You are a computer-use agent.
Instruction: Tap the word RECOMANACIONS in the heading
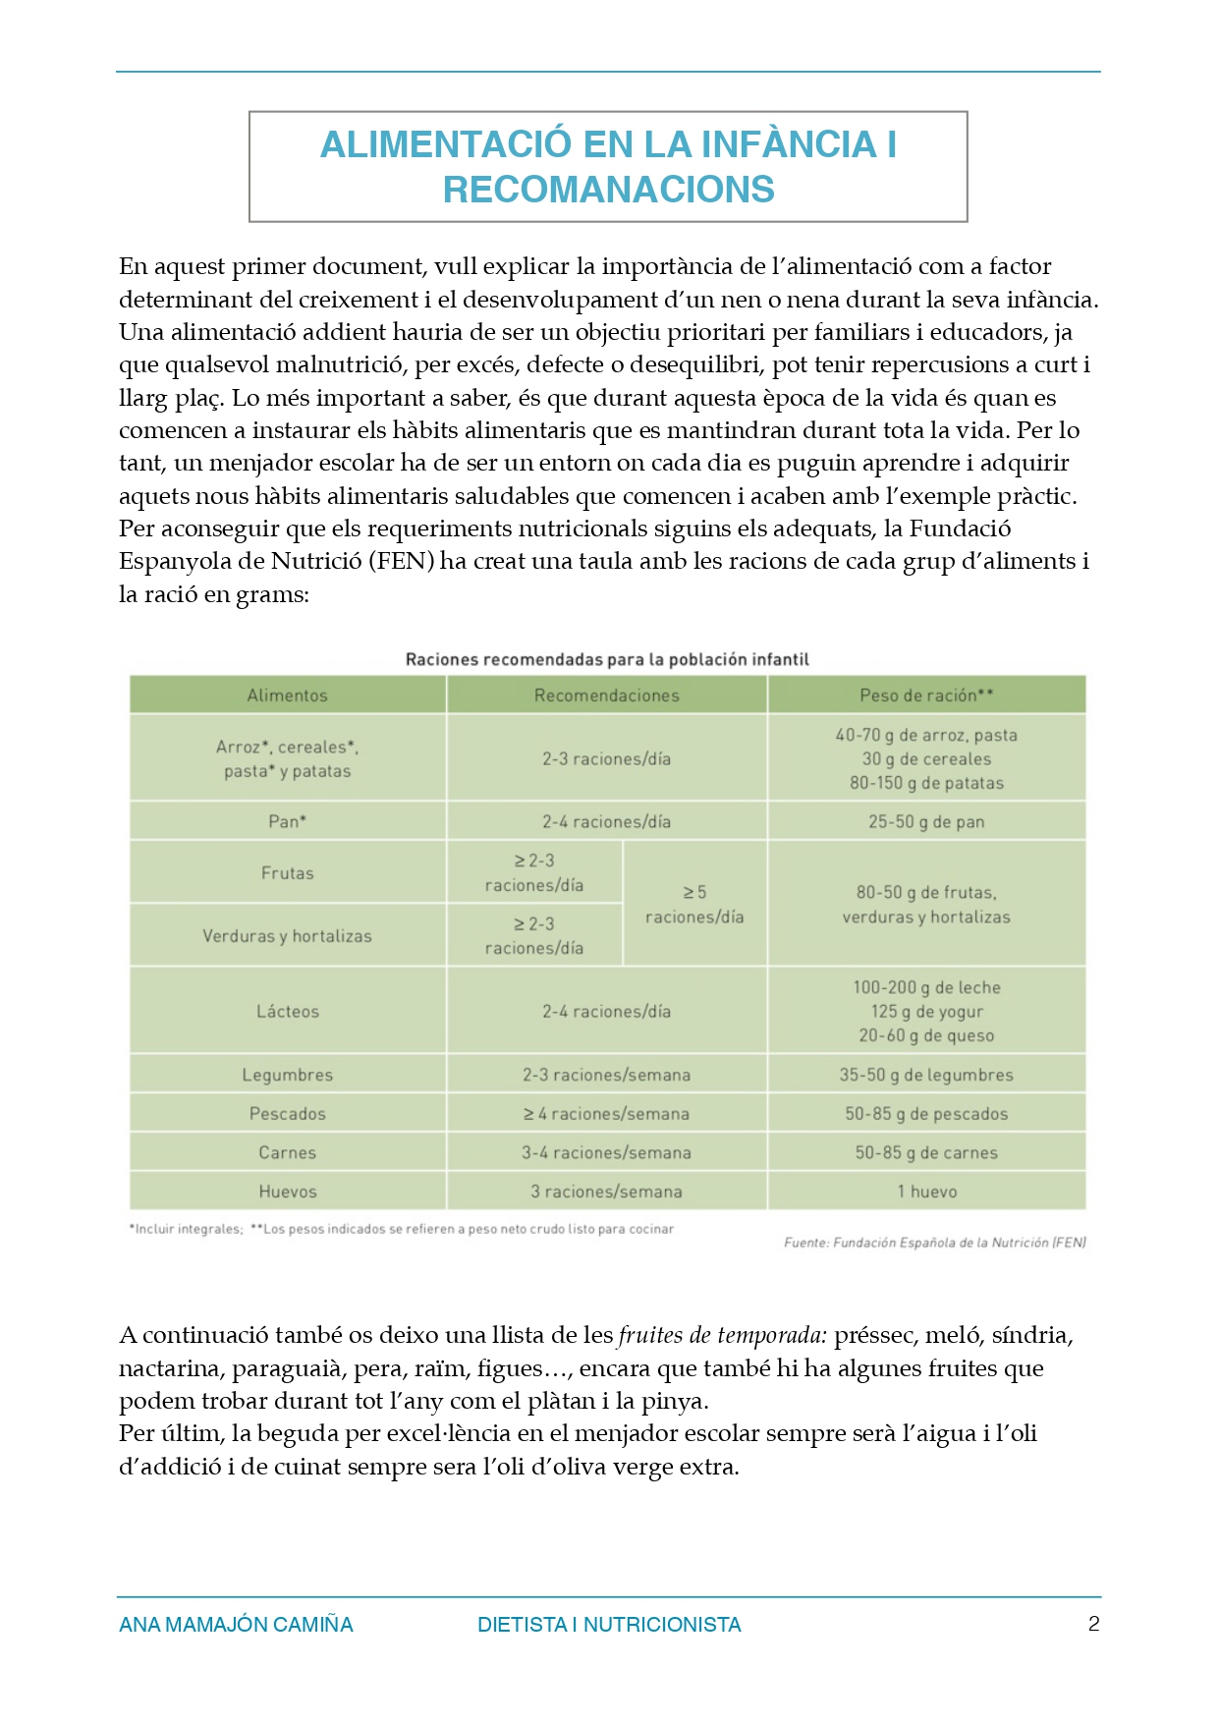[608, 190]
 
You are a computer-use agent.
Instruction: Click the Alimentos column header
[287, 695]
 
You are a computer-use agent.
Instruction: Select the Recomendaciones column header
[606, 695]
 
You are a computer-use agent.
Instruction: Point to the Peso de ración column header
[926, 695]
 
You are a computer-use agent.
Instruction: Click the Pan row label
[287, 821]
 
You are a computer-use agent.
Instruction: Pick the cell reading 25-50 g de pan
[926, 821]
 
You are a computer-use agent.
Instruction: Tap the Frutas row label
[287, 873]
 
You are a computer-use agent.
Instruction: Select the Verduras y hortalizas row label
[287, 936]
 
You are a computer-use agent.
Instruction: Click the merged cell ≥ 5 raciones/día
[694, 905]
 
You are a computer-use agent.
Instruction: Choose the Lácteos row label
[287, 1011]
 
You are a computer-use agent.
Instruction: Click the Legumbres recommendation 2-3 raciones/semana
[606, 1075]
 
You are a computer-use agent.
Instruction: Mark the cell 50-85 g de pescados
[926, 1114]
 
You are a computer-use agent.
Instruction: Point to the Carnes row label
[287, 1152]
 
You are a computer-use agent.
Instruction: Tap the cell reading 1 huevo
[926, 1192]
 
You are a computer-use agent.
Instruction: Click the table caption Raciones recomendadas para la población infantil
[607, 659]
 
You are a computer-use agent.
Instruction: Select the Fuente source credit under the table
[934, 1243]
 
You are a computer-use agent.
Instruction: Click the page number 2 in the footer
[1093, 1624]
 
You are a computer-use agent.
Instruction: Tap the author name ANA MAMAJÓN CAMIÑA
[236, 1625]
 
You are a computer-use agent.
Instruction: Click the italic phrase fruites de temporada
[723, 1335]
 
